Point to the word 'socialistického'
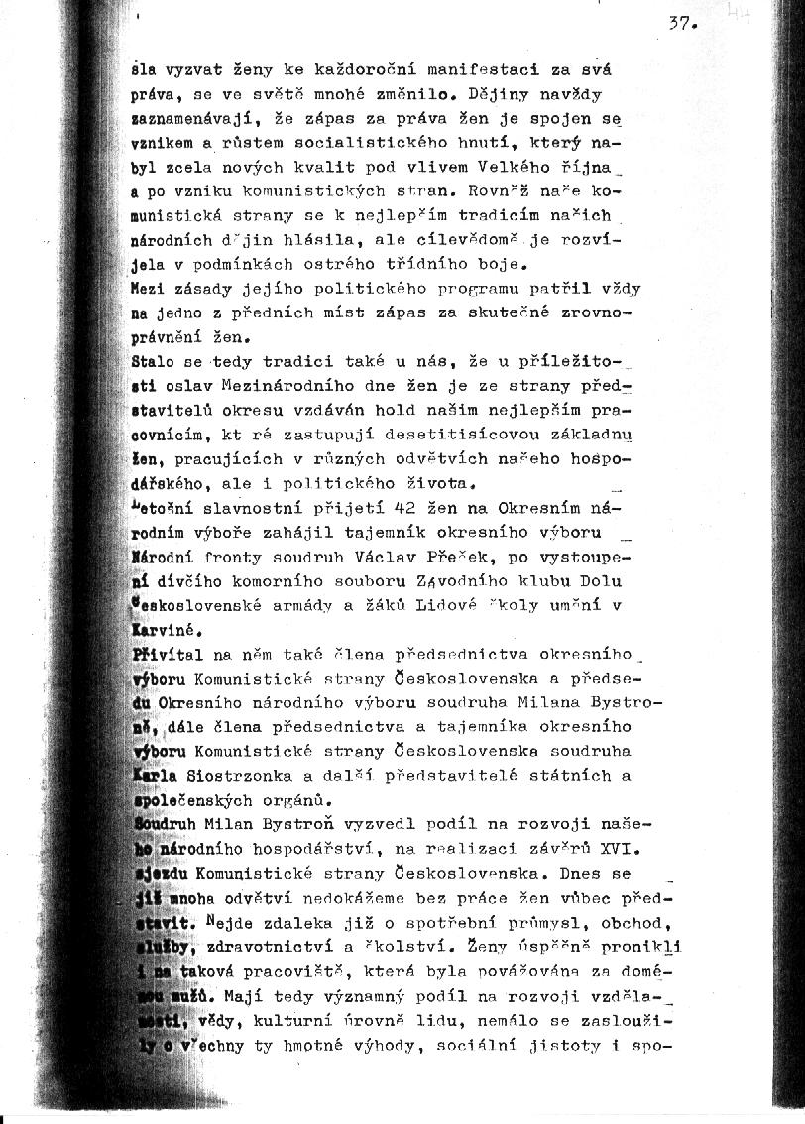pyautogui.click(x=397, y=144)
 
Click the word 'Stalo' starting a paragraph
pyautogui.click(x=153, y=361)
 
